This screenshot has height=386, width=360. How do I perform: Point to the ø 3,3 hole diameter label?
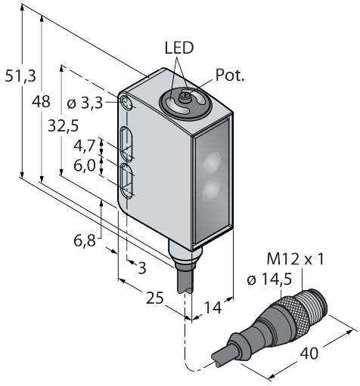click(95, 103)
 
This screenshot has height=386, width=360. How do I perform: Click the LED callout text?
click(179, 48)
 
